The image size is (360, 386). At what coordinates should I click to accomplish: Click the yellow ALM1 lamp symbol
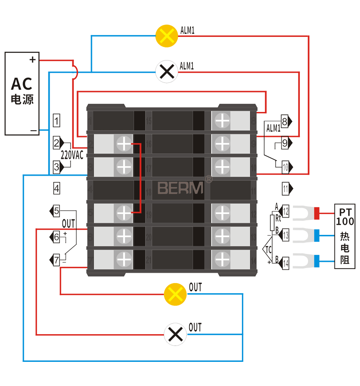tap(167, 36)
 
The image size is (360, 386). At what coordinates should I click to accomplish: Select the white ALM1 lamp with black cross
tap(167, 71)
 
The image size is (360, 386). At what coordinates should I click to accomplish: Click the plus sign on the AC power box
tap(32, 60)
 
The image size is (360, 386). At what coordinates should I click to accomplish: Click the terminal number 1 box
tap(57, 121)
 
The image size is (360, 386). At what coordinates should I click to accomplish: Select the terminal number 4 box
tap(57, 188)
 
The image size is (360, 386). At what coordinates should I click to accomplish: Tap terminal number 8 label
tap(285, 122)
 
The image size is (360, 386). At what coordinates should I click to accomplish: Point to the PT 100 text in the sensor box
tap(345, 217)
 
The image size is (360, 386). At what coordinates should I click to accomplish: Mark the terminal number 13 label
tap(286, 235)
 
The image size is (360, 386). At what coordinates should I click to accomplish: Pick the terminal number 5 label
tap(57, 211)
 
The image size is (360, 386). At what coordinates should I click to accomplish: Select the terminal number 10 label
tap(286, 167)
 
